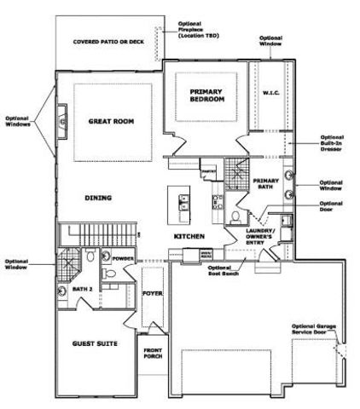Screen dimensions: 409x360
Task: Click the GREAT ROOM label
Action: tap(113, 122)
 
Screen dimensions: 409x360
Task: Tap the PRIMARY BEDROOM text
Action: tap(207, 95)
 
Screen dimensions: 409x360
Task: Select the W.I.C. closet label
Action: tap(272, 93)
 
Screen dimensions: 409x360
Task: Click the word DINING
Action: tap(98, 198)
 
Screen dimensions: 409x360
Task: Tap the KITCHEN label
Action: tap(189, 235)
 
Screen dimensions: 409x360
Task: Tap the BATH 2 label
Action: tap(83, 290)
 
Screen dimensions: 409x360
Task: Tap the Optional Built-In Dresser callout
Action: tap(332, 146)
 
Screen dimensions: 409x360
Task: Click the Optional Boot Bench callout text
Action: tap(224, 270)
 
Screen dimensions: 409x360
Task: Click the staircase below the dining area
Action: tap(98, 232)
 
